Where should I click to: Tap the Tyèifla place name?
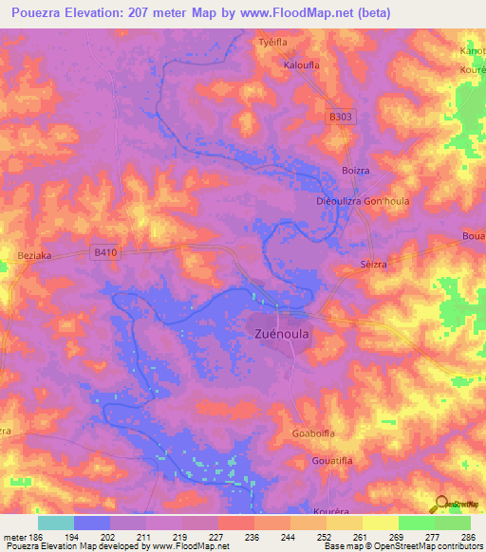[273, 43]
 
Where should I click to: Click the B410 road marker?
[105, 251]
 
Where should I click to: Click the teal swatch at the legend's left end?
[56, 523]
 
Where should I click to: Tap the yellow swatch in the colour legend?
[380, 523]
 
